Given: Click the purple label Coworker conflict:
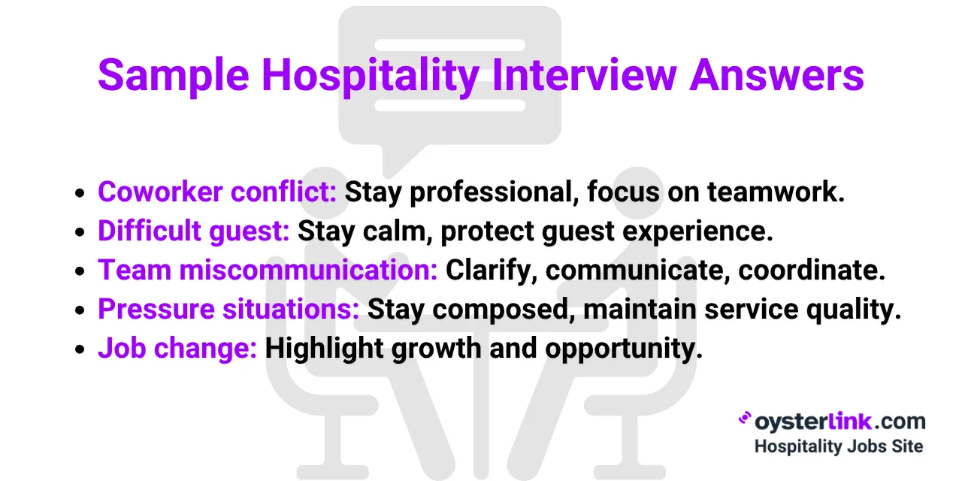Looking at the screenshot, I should [x=217, y=192].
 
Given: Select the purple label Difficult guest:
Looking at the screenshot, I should [x=193, y=231].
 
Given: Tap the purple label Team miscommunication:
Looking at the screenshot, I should [x=268, y=271].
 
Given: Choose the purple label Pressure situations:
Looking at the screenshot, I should [x=228, y=310].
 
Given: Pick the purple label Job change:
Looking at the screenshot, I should [x=177, y=349].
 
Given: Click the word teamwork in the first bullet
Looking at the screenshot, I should [x=776, y=192].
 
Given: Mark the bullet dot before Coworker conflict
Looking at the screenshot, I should [x=80, y=194].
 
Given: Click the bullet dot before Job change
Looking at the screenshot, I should [x=80, y=350].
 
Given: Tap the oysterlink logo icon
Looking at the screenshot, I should [x=746, y=419].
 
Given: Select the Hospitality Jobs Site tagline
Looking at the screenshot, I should [x=838, y=446].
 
